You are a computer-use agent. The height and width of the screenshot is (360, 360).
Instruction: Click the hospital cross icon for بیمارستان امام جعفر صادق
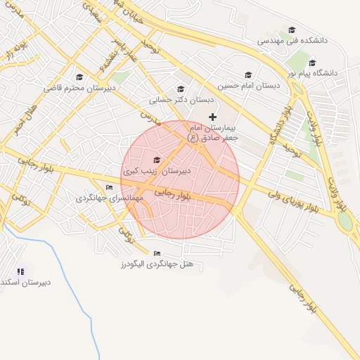213,116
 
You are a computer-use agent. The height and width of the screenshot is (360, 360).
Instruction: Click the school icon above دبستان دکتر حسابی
181,89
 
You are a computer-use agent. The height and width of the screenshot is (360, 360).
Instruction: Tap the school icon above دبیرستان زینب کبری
156,160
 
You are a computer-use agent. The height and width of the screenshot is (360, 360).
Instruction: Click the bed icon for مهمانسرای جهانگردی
108,187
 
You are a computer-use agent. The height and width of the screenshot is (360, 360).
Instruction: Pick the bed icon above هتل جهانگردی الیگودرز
156,253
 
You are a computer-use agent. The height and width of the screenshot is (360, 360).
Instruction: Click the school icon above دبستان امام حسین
247,75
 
